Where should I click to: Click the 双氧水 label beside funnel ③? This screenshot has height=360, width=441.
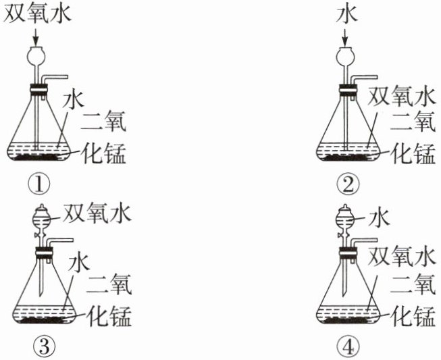[x=98, y=213]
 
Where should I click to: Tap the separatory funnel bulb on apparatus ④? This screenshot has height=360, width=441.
[x=346, y=218]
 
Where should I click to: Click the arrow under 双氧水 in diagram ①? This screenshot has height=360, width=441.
[x=35, y=38]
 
